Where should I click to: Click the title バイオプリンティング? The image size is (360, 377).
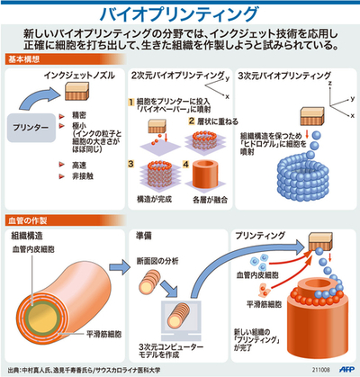point(180,13)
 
